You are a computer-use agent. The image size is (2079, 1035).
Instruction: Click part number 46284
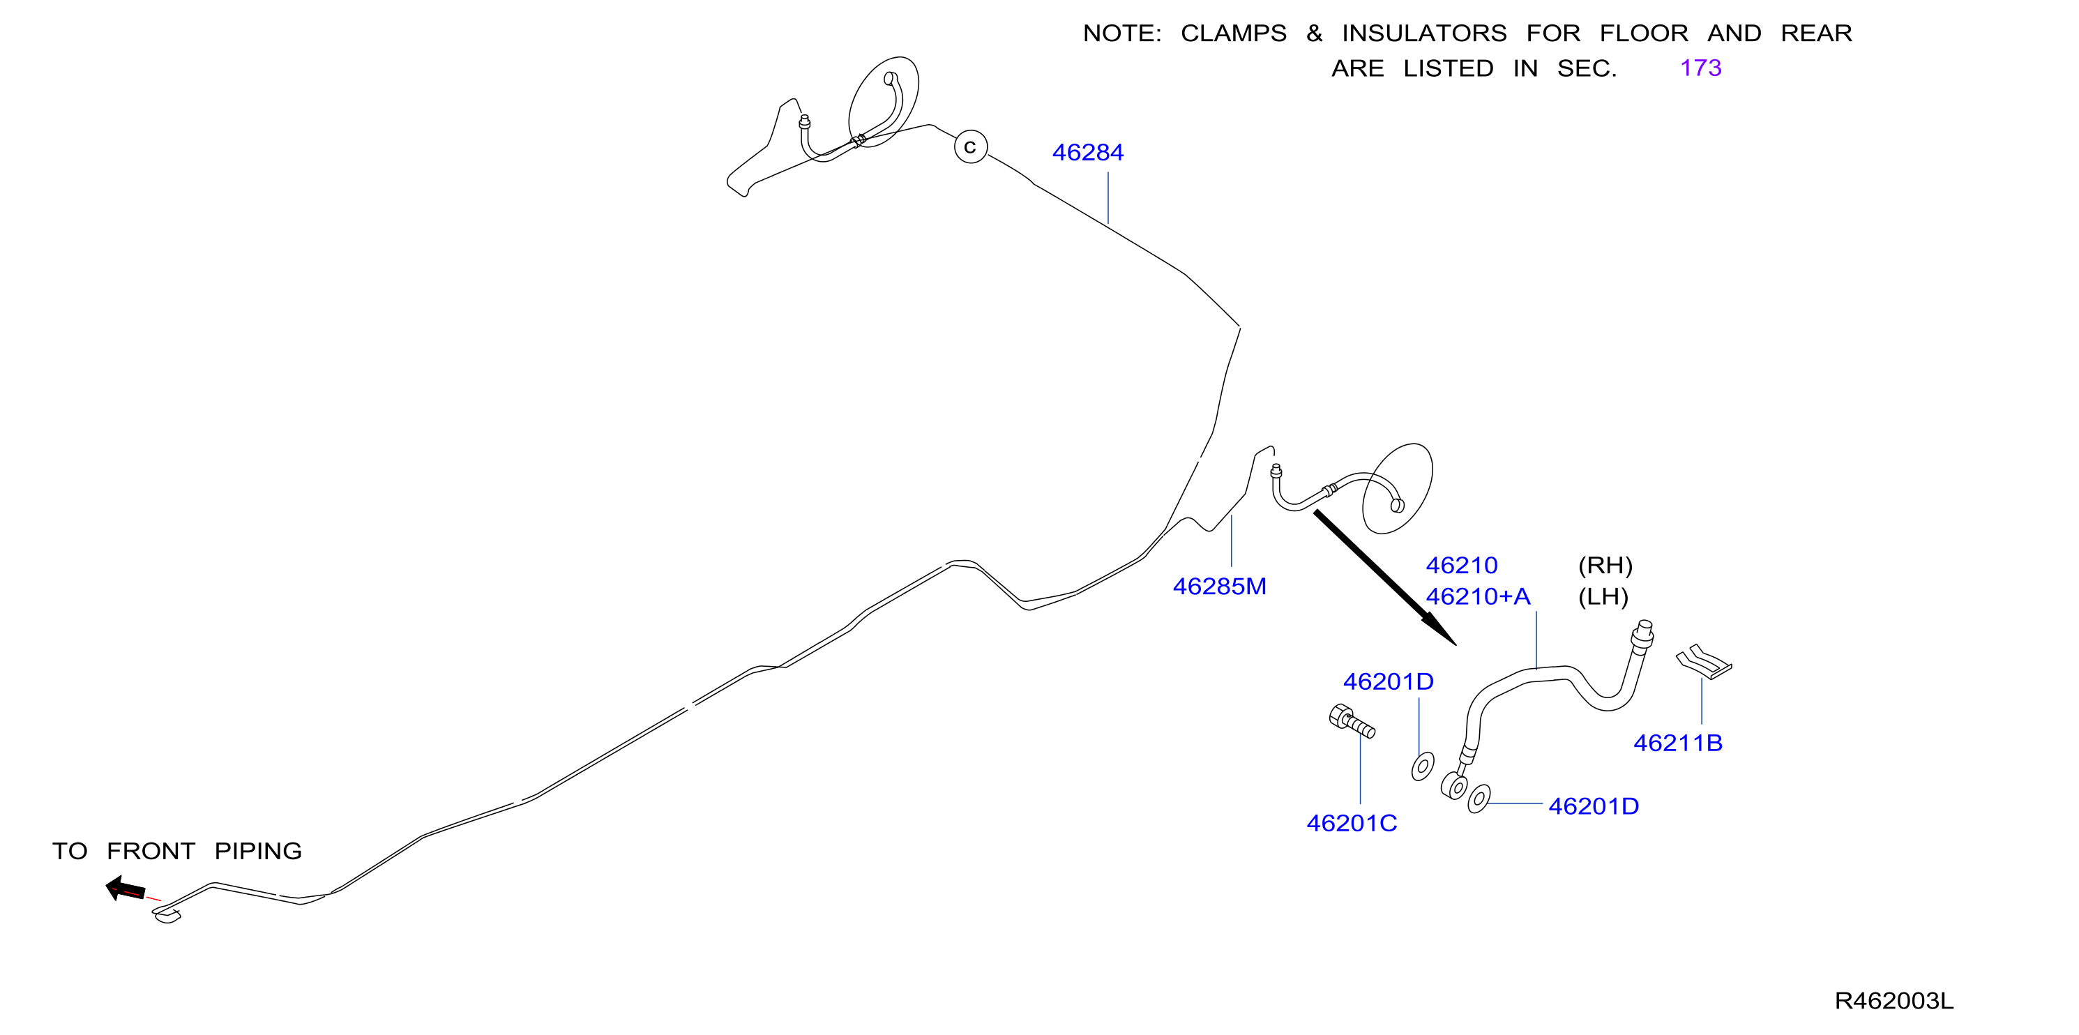pyautogui.click(x=1087, y=152)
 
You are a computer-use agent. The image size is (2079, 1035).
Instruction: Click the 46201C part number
pyautogui.click(x=1351, y=823)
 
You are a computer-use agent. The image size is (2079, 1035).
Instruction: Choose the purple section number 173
pyautogui.click(x=1700, y=68)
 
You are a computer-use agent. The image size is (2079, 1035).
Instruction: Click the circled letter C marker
pyautogui.click(x=970, y=147)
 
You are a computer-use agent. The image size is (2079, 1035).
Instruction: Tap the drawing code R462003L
pyautogui.click(x=1893, y=1001)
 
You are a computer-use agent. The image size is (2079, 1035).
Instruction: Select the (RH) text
pyautogui.click(x=1605, y=565)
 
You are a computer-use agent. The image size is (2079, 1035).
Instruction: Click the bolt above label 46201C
pyautogui.click(x=1352, y=721)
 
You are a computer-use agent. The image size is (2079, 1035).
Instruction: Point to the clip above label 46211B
pyautogui.click(x=1704, y=661)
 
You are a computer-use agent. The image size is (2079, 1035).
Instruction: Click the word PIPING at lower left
pyautogui.click(x=257, y=851)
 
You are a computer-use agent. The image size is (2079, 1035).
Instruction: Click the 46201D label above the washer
pyautogui.click(x=1388, y=681)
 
